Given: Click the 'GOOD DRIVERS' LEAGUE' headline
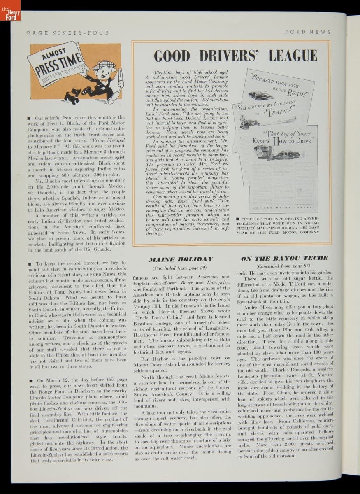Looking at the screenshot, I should click(235, 56).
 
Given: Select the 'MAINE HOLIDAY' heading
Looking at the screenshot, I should click(181, 259).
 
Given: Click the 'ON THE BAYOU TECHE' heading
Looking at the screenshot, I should click(284, 259).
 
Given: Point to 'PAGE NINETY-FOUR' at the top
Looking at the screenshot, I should click(68, 33).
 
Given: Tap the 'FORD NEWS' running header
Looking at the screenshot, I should click(307, 32).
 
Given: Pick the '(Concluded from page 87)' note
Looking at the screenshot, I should click(285, 266).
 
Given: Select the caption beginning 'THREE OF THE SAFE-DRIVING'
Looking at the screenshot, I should click(277, 225).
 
